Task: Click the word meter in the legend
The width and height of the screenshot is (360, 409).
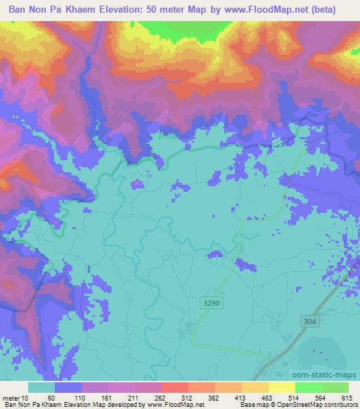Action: [10, 397]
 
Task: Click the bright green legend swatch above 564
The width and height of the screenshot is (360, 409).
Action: [309, 387]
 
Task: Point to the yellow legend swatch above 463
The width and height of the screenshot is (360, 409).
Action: [255, 387]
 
